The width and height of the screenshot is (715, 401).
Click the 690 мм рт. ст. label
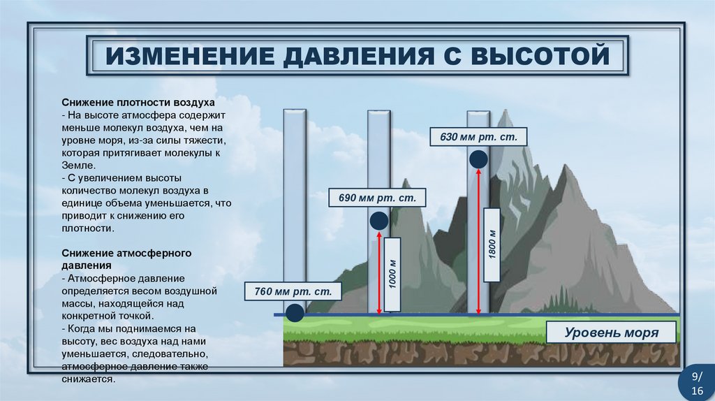pyautogui.click(x=377, y=198)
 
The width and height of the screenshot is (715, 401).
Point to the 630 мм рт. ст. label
pyautogui.click(x=478, y=136)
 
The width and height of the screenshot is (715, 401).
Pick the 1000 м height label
pyautogui.click(x=392, y=275)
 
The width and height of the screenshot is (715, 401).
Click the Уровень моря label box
pyautogui.click(x=611, y=333)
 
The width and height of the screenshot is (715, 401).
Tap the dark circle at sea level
pyautogui.click(x=295, y=313)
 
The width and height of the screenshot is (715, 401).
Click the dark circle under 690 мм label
pyautogui.click(x=378, y=221)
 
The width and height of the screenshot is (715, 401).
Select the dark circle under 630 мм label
pyautogui.click(x=478, y=159)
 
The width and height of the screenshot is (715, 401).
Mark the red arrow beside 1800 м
pyautogui.click(x=478, y=241)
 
